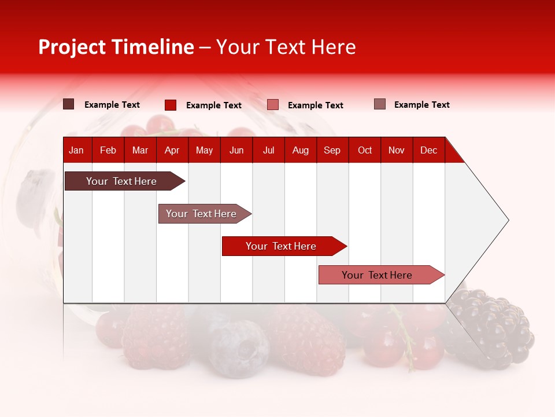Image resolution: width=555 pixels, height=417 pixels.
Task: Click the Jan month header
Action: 77,150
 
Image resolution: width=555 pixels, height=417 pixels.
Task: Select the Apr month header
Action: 172,150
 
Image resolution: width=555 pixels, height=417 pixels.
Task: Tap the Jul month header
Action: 268,150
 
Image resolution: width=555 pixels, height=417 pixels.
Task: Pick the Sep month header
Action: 332,150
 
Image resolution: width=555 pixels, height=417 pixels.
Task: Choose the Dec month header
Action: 428,150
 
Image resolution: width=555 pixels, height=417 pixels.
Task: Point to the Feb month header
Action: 108,150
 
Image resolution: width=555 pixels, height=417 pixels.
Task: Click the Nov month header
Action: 397,150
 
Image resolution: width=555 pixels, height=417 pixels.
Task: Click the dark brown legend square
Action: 69,104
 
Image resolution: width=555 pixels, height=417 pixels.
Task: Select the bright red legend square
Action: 171,105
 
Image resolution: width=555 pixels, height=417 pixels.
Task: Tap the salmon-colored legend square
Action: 273,105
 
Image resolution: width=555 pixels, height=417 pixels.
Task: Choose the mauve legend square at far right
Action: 380,104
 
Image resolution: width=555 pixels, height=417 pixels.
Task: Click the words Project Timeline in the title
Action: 116,47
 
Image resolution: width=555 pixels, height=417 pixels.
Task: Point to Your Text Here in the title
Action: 286,47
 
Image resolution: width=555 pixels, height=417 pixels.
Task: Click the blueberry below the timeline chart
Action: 239,348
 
